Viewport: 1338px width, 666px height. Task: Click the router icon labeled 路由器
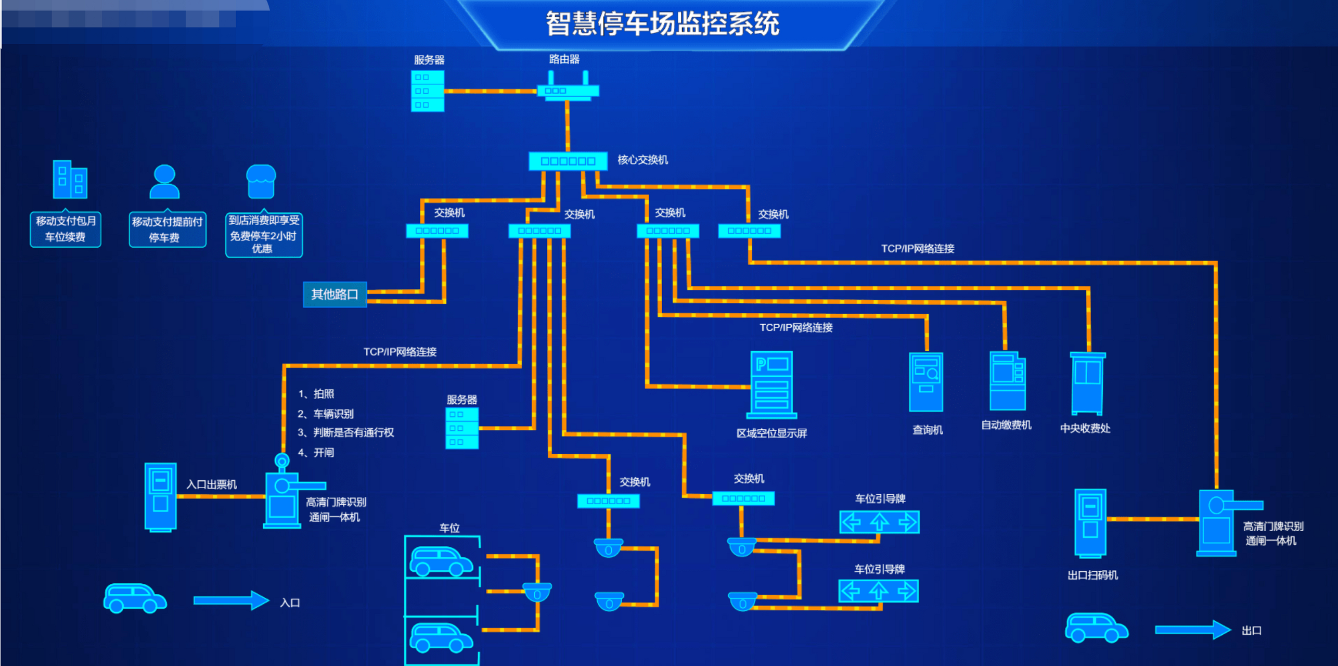(568, 89)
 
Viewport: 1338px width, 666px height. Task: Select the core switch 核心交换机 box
(568, 161)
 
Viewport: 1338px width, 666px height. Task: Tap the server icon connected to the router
(428, 91)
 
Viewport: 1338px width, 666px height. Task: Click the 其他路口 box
(334, 294)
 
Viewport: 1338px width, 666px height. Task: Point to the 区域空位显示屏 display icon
(771, 385)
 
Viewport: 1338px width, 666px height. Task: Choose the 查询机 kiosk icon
(926, 382)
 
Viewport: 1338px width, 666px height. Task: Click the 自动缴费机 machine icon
(1008, 381)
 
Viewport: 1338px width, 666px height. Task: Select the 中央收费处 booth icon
(1087, 383)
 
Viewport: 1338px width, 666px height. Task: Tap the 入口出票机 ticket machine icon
(160, 497)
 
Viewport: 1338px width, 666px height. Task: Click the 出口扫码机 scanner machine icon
(1090, 523)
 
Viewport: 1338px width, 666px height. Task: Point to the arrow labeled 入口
(231, 600)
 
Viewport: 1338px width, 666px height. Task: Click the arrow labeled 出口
(1193, 630)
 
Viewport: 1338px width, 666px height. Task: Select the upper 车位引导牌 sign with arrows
(879, 522)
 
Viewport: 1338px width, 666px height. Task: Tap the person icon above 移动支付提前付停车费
(164, 182)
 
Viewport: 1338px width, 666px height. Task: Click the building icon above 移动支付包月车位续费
(70, 180)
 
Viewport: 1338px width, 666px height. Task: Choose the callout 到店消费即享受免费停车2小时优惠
(264, 235)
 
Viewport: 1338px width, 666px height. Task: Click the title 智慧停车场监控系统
(662, 23)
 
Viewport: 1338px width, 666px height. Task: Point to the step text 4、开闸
(316, 452)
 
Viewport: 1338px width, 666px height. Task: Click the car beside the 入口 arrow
(135, 598)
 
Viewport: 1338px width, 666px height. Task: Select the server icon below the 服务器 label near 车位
(462, 428)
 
